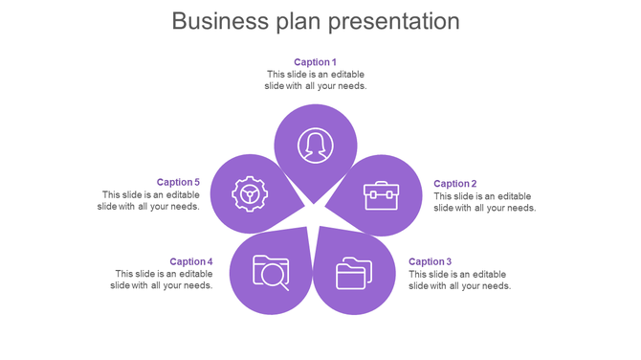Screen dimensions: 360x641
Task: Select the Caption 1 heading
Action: pos(315,62)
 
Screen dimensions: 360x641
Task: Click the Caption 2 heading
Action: pos(454,184)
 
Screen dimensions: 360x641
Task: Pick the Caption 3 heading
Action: pos(430,261)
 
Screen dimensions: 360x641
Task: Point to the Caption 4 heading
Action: pos(191,261)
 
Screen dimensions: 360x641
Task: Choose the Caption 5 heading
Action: pos(178,182)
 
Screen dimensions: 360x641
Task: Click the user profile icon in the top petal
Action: pos(315,146)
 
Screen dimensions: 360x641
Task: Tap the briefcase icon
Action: pos(380,195)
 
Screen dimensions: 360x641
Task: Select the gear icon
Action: pos(250,194)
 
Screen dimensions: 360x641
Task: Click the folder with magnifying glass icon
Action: pos(271,272)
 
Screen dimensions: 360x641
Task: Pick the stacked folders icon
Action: pos(353,274)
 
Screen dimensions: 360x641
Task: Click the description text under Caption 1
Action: pos(315,80)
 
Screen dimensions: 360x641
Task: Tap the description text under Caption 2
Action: pos(484,202)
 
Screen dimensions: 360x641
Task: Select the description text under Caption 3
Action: pos(459,280)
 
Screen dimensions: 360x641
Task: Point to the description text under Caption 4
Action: pos(162,280)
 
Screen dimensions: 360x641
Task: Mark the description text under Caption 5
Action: pos(149,200)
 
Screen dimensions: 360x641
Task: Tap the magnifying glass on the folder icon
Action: pos(275,277)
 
